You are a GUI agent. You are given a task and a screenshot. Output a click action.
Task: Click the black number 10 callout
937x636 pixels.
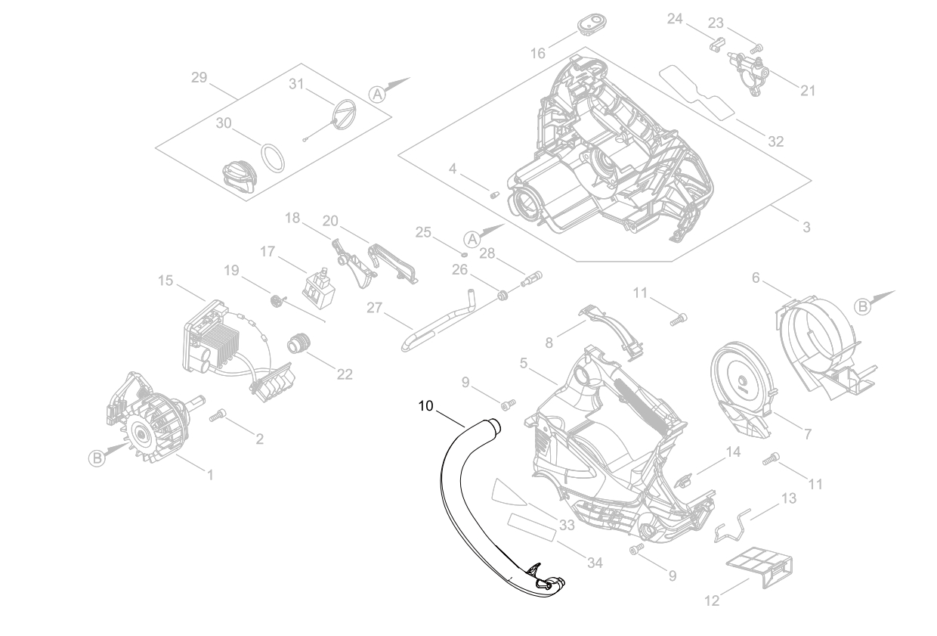pos(425,406)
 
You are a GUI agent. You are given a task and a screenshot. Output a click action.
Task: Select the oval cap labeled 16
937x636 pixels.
pos(592,23)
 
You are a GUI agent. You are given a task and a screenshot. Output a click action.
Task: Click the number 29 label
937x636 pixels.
pos(199,77)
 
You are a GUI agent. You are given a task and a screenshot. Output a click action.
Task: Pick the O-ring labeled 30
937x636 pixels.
pos(274,158)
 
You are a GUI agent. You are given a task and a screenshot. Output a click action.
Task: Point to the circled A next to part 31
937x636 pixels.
pos(378,93)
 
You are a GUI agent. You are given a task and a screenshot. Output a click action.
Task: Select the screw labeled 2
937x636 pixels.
pos(218,414)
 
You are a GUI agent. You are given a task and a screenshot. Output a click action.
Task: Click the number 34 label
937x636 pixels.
pos(595,563)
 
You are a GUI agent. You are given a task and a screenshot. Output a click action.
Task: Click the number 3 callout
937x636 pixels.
pos(806,226)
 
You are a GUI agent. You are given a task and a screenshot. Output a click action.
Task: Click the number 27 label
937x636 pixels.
pos(376,308)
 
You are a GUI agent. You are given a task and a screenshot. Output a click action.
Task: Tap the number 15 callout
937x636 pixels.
pos(165,281)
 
